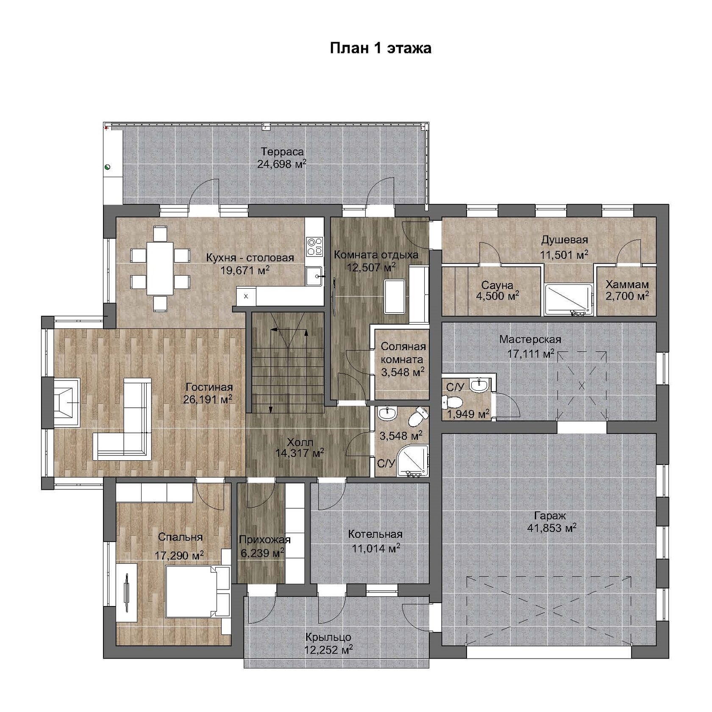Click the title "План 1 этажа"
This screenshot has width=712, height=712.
click(x=381, y=48)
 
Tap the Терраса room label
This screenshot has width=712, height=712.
click(x=282, y=151)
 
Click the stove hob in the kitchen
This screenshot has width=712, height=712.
click(x=315, y=247)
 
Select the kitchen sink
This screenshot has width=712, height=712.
click(x=314, y=276)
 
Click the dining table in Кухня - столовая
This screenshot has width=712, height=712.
click(x=160, y=268)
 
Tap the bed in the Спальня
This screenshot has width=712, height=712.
click(x=197, y=592)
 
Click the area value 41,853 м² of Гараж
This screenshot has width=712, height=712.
click(x=551, y=528)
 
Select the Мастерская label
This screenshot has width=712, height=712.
click(x=530, y=339)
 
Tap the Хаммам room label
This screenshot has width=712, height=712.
click(x=626, y=284)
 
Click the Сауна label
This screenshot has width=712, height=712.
click(x=497, y=285)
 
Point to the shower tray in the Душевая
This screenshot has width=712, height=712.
click(x=568, y=300)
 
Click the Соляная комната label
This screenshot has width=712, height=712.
click(x=403, y=353)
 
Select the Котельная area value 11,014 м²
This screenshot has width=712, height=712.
click(x=376, y=549)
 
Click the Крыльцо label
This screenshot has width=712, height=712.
click(x=328, y=637)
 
